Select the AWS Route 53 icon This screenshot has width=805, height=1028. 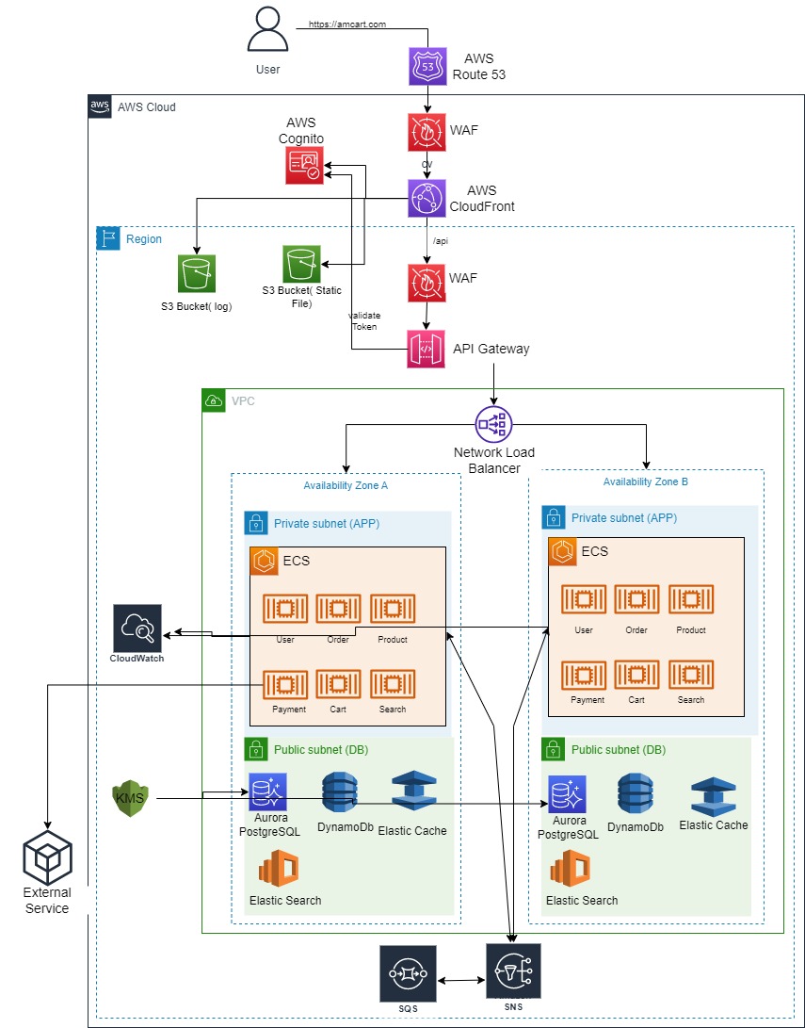(x=428, y=67)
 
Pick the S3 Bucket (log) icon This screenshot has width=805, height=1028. (x=196, y=274)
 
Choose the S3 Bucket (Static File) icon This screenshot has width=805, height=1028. (x=301, y=265)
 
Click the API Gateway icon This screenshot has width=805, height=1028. (x=426, y=350)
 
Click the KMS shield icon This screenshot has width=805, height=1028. (x=130, y=799)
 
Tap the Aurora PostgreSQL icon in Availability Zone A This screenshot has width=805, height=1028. (x=268, y=792)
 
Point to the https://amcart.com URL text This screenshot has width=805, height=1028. (x=347, y=24)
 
